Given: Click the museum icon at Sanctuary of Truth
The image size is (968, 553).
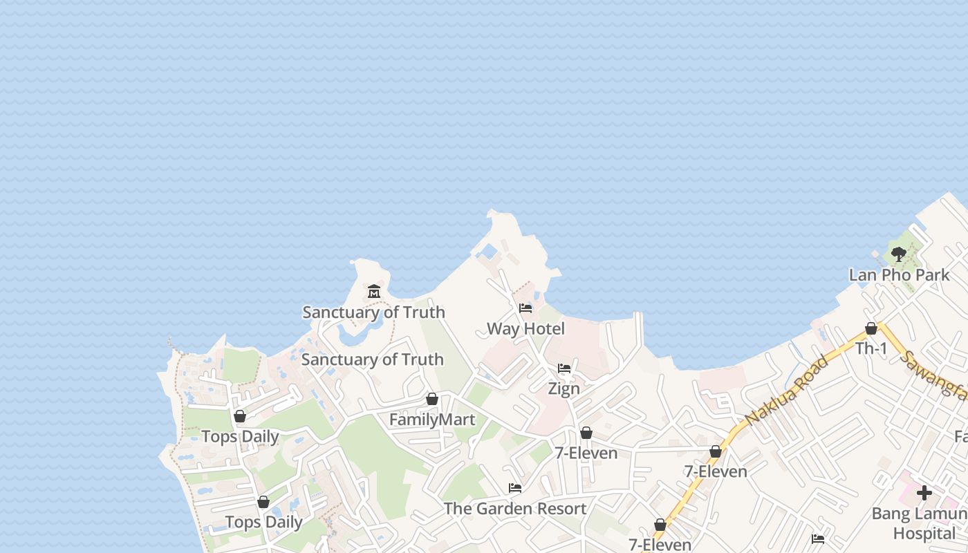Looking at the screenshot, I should click(374, 291).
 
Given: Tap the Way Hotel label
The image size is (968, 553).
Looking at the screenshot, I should click(525, 329).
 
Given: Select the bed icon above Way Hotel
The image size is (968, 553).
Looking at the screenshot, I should click(525, 308).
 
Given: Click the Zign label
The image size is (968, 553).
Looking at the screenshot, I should click(564, 388).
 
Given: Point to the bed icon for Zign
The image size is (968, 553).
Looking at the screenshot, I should click(564, 368).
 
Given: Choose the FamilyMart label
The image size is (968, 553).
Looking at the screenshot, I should click(432, 420).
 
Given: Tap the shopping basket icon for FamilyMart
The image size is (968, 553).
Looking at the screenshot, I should click(432, 399).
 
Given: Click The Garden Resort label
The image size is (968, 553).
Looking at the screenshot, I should click(515, 509).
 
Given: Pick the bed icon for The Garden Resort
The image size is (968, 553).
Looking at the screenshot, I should click(515, 488).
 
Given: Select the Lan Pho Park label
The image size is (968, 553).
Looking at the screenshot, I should click(899, 275).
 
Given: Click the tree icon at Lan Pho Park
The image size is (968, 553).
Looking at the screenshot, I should click(899, 254).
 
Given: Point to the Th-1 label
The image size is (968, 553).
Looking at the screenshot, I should click(871, 349).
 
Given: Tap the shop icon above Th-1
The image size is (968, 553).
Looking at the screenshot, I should click(871, 328).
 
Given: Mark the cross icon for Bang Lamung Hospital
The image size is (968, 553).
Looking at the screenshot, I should click(924, 493).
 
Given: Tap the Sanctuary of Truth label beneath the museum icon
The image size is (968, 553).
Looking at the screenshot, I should click(373, 312).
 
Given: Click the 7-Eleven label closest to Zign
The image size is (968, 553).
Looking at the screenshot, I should click(586, 453).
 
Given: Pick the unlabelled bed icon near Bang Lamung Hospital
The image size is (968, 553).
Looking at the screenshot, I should click(818, 538).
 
